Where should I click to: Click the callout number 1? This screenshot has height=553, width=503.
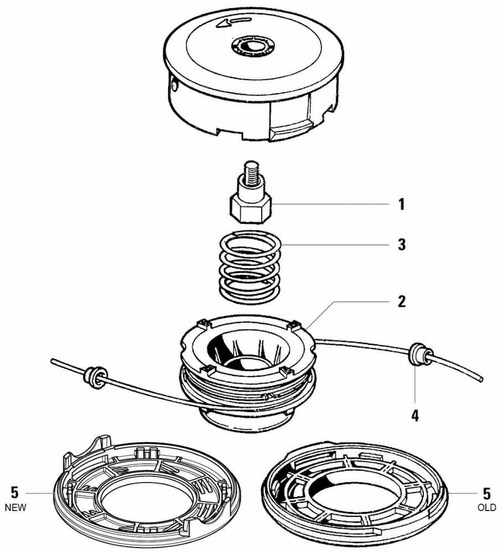pos(401,205)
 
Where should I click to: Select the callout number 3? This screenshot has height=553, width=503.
pos(401,244)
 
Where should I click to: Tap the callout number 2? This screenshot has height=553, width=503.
pos(401,301)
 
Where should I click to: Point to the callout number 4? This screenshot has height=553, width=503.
pos(414,414)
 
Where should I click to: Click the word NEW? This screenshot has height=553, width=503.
pos(15,507)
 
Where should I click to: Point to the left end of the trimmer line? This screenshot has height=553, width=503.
pos(53,362)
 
